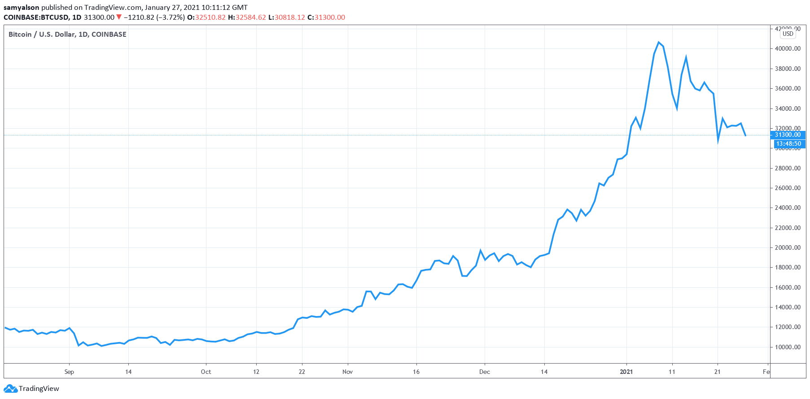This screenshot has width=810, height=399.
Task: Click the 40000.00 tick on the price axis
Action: [788, 48]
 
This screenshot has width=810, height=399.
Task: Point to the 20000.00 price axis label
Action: [788, 247]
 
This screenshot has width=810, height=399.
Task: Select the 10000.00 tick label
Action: [788, 347]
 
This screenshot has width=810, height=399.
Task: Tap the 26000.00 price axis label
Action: [788, 188]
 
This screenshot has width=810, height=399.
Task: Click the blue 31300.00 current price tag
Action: [788, 134]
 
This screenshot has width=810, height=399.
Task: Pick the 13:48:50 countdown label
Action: [788, 144]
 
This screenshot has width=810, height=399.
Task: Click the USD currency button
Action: [788, 34]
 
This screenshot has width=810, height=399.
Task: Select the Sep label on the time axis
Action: [69, 372]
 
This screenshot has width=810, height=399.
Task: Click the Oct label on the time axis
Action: [206, 372]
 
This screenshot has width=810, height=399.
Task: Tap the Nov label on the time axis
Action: [347, 372]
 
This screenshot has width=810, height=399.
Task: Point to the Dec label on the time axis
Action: [485, 372]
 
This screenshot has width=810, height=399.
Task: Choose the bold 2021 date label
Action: [626, 372]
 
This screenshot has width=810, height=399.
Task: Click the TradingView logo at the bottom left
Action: [31, 389]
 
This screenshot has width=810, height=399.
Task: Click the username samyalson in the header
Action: [22, 8]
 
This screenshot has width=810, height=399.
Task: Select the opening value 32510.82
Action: [210, 17]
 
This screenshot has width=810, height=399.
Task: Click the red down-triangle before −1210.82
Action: [119, 17]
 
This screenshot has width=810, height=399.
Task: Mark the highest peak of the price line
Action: [658, 42]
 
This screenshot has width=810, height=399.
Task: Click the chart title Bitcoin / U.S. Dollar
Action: [42, 35]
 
